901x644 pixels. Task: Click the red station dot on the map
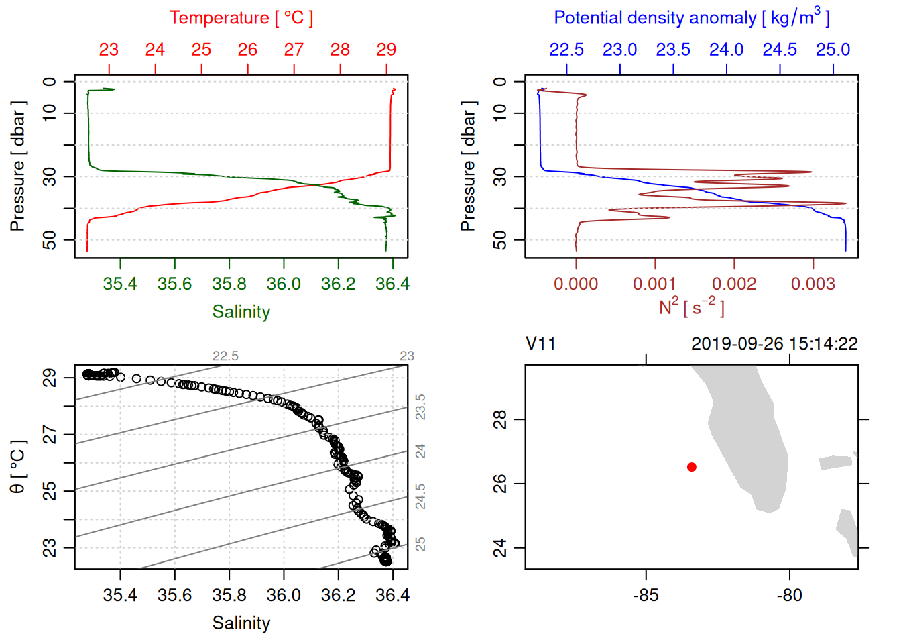691,467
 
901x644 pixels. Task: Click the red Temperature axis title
241,18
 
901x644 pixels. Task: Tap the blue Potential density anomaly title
691,17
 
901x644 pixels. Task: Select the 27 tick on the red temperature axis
294,50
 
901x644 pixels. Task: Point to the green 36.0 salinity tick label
284,284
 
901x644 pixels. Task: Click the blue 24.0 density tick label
727,50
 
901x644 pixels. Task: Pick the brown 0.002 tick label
734,284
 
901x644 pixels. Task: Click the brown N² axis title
691,307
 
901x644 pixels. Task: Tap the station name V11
540,344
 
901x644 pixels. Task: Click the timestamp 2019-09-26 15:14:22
774,344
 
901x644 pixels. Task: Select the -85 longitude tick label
646,596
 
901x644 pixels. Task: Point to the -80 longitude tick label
789,596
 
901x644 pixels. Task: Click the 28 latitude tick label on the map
500,420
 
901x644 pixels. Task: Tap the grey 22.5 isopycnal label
225,356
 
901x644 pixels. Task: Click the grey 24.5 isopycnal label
420,496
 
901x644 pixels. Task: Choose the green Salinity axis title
241,312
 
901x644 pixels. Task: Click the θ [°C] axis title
18,467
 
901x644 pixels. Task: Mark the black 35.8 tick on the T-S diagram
229,596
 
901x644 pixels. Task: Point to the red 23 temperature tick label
109,50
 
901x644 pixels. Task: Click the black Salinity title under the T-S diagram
241,623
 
